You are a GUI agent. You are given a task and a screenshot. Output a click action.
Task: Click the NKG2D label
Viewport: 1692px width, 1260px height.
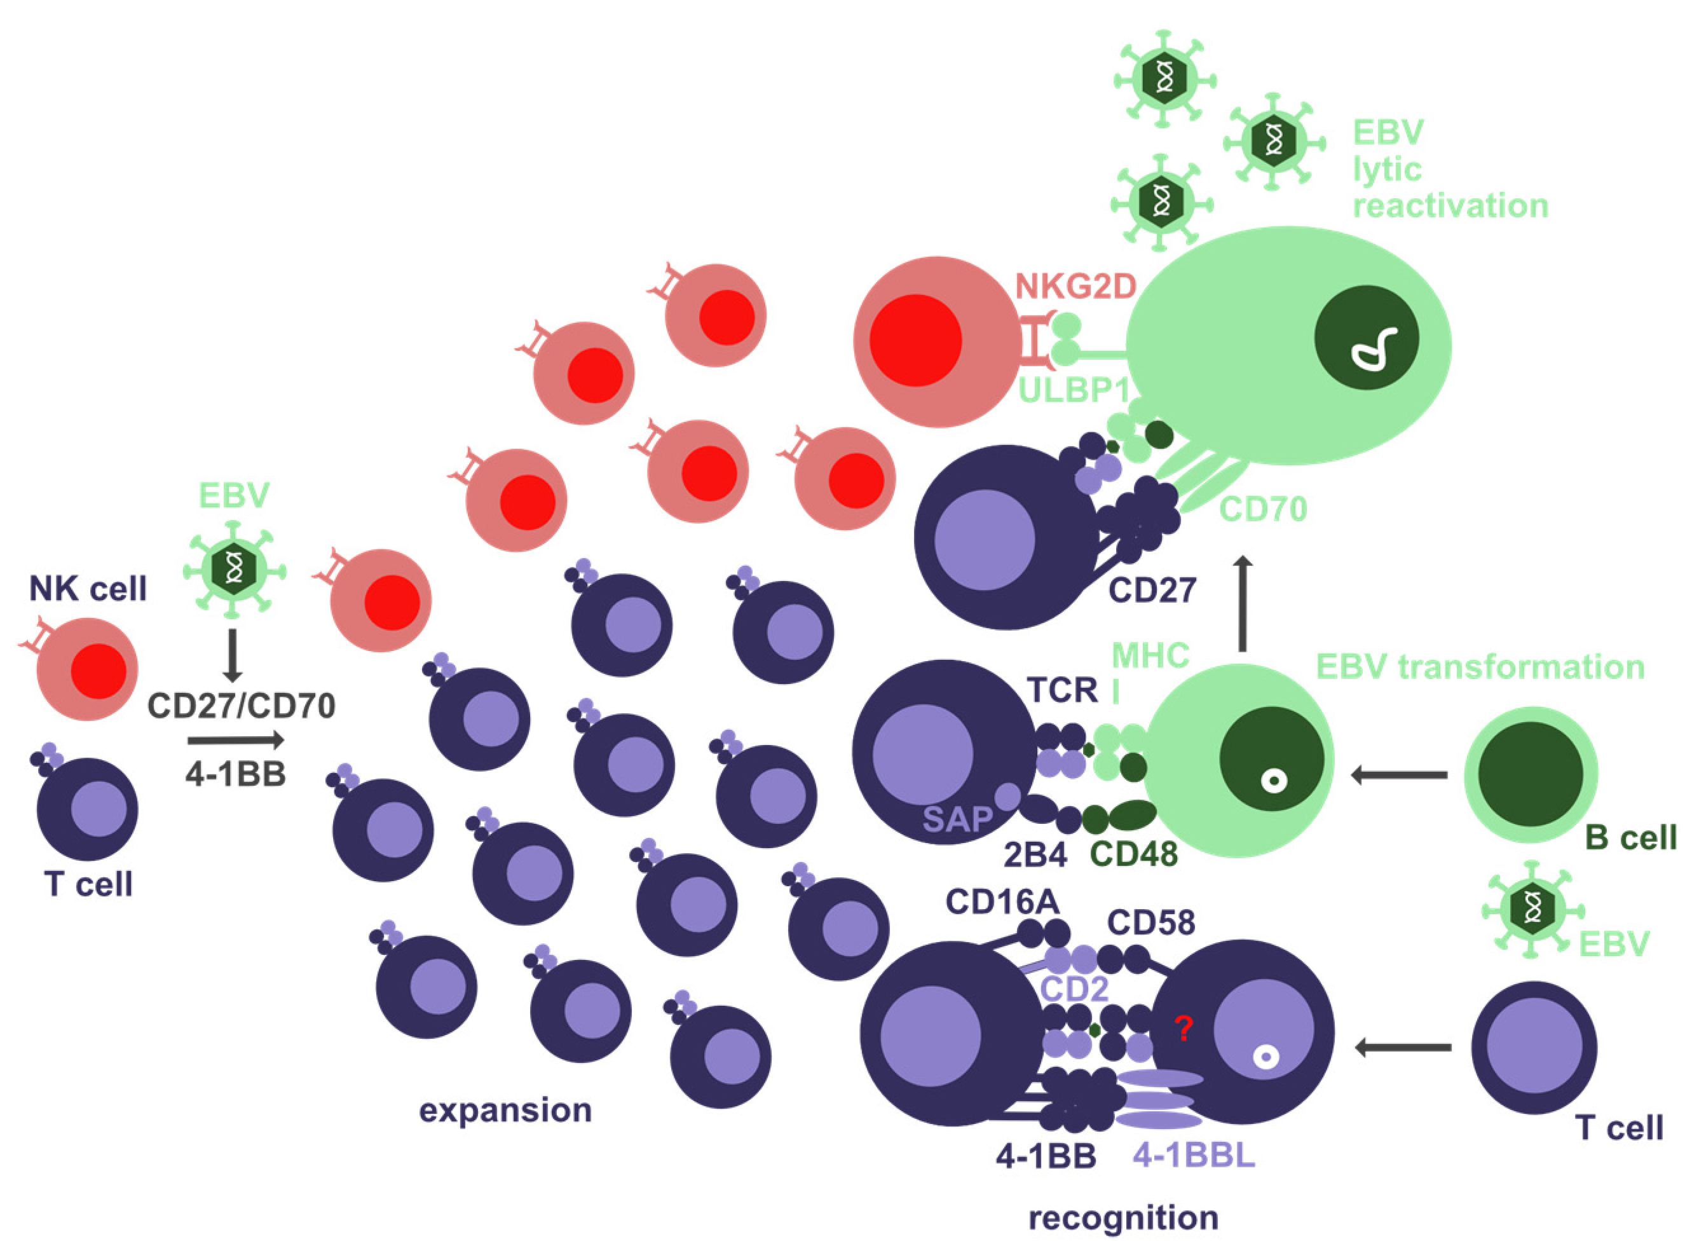tap(1076, 287)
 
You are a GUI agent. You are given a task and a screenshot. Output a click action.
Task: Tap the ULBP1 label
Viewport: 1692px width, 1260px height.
tap(1074, 390)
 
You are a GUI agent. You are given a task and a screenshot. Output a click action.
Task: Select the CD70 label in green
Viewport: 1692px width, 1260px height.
tap(1263, 509)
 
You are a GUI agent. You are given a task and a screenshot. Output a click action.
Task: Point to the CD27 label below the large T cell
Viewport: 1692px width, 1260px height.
tap(1152, 589)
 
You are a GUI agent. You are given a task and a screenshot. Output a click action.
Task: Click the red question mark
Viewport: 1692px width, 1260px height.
tap(1183, 1030)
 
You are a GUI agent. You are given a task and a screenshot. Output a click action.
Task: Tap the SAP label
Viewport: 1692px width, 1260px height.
tap(957, 820)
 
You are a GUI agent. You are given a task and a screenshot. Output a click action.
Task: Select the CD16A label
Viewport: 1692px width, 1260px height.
tap(1002, 902)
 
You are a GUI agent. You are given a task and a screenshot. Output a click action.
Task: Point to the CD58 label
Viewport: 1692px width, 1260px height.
tap(1150, 923)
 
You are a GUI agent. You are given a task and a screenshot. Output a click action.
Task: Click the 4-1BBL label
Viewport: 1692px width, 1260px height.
tap(1193, 1156)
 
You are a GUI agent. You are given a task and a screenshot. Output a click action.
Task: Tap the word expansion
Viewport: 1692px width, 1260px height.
tap(505, 1111)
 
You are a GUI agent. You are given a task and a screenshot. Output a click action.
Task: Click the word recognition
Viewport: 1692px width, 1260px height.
tap(1123, 1218)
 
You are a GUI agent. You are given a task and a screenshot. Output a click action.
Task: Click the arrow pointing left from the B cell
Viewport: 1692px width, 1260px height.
tap(1398, 776)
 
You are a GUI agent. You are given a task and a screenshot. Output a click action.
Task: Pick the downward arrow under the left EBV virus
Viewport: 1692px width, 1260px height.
tap(233, 654)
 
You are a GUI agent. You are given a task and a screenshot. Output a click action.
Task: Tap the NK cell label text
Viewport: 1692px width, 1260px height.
tap(88, 589)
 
